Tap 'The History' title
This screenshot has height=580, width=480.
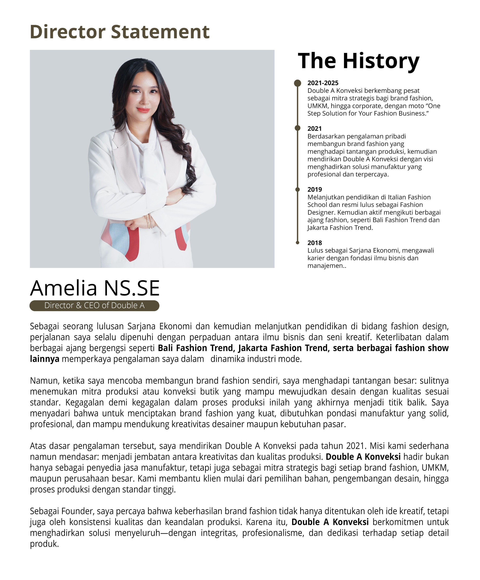coord(358,61)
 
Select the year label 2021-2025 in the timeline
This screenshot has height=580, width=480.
coord(323,83)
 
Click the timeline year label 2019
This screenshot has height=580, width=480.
coord(315,189)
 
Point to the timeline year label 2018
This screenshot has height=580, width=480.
coord(315,243)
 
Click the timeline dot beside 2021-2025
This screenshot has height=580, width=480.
coord(298,83)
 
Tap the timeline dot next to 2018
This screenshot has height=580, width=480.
coord(298,243)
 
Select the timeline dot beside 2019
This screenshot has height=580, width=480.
coord(298,189)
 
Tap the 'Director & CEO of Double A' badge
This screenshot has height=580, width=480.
coord(94,305)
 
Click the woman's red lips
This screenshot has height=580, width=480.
coord(143,110)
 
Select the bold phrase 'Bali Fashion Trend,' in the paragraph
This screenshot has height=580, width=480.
coord(196,348)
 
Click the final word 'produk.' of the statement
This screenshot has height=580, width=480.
coord(44,544)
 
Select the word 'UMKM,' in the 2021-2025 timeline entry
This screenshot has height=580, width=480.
coord(317,106)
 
